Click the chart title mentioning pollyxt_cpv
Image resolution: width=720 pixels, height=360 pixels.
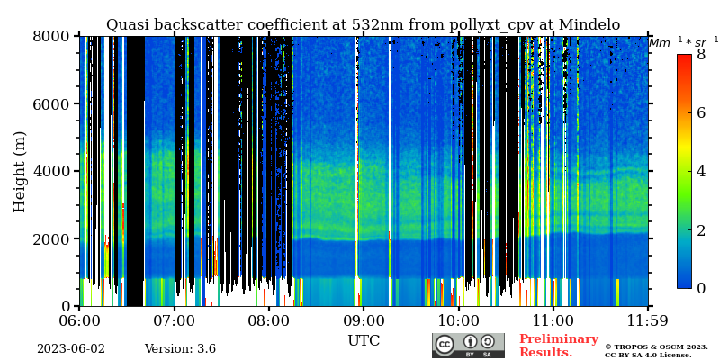coord(363,25)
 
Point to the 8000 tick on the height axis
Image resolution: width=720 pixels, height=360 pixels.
coord(53,36)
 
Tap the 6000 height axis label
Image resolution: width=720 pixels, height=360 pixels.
coord(53,103)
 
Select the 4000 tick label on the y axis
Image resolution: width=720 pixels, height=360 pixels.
coord(53,171)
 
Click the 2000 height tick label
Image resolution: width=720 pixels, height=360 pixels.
coord(53,238)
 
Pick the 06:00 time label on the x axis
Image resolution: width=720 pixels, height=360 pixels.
coord(79,320)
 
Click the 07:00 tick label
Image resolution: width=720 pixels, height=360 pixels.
coord(174,320)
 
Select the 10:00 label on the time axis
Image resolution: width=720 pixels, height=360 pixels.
coord(457,320)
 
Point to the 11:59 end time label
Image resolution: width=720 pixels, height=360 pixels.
coord(646,320)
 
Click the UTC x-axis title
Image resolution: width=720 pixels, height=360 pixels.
coord(364,341)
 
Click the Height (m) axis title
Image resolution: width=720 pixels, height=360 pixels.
coord(20,171)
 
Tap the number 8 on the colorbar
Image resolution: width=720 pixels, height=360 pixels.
coord(701,54)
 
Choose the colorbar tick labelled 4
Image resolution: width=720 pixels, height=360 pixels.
coord(701,171)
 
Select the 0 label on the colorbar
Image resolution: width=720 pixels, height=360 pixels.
coord(701,288)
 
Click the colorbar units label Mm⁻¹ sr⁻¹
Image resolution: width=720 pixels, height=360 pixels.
coord(683,41)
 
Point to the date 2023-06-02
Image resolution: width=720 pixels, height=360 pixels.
coord(70,349)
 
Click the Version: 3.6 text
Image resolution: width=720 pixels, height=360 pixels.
coord(180,349)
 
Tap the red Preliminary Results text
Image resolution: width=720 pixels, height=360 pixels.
coord(558,346)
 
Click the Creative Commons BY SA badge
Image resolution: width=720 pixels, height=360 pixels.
coord(468,346)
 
